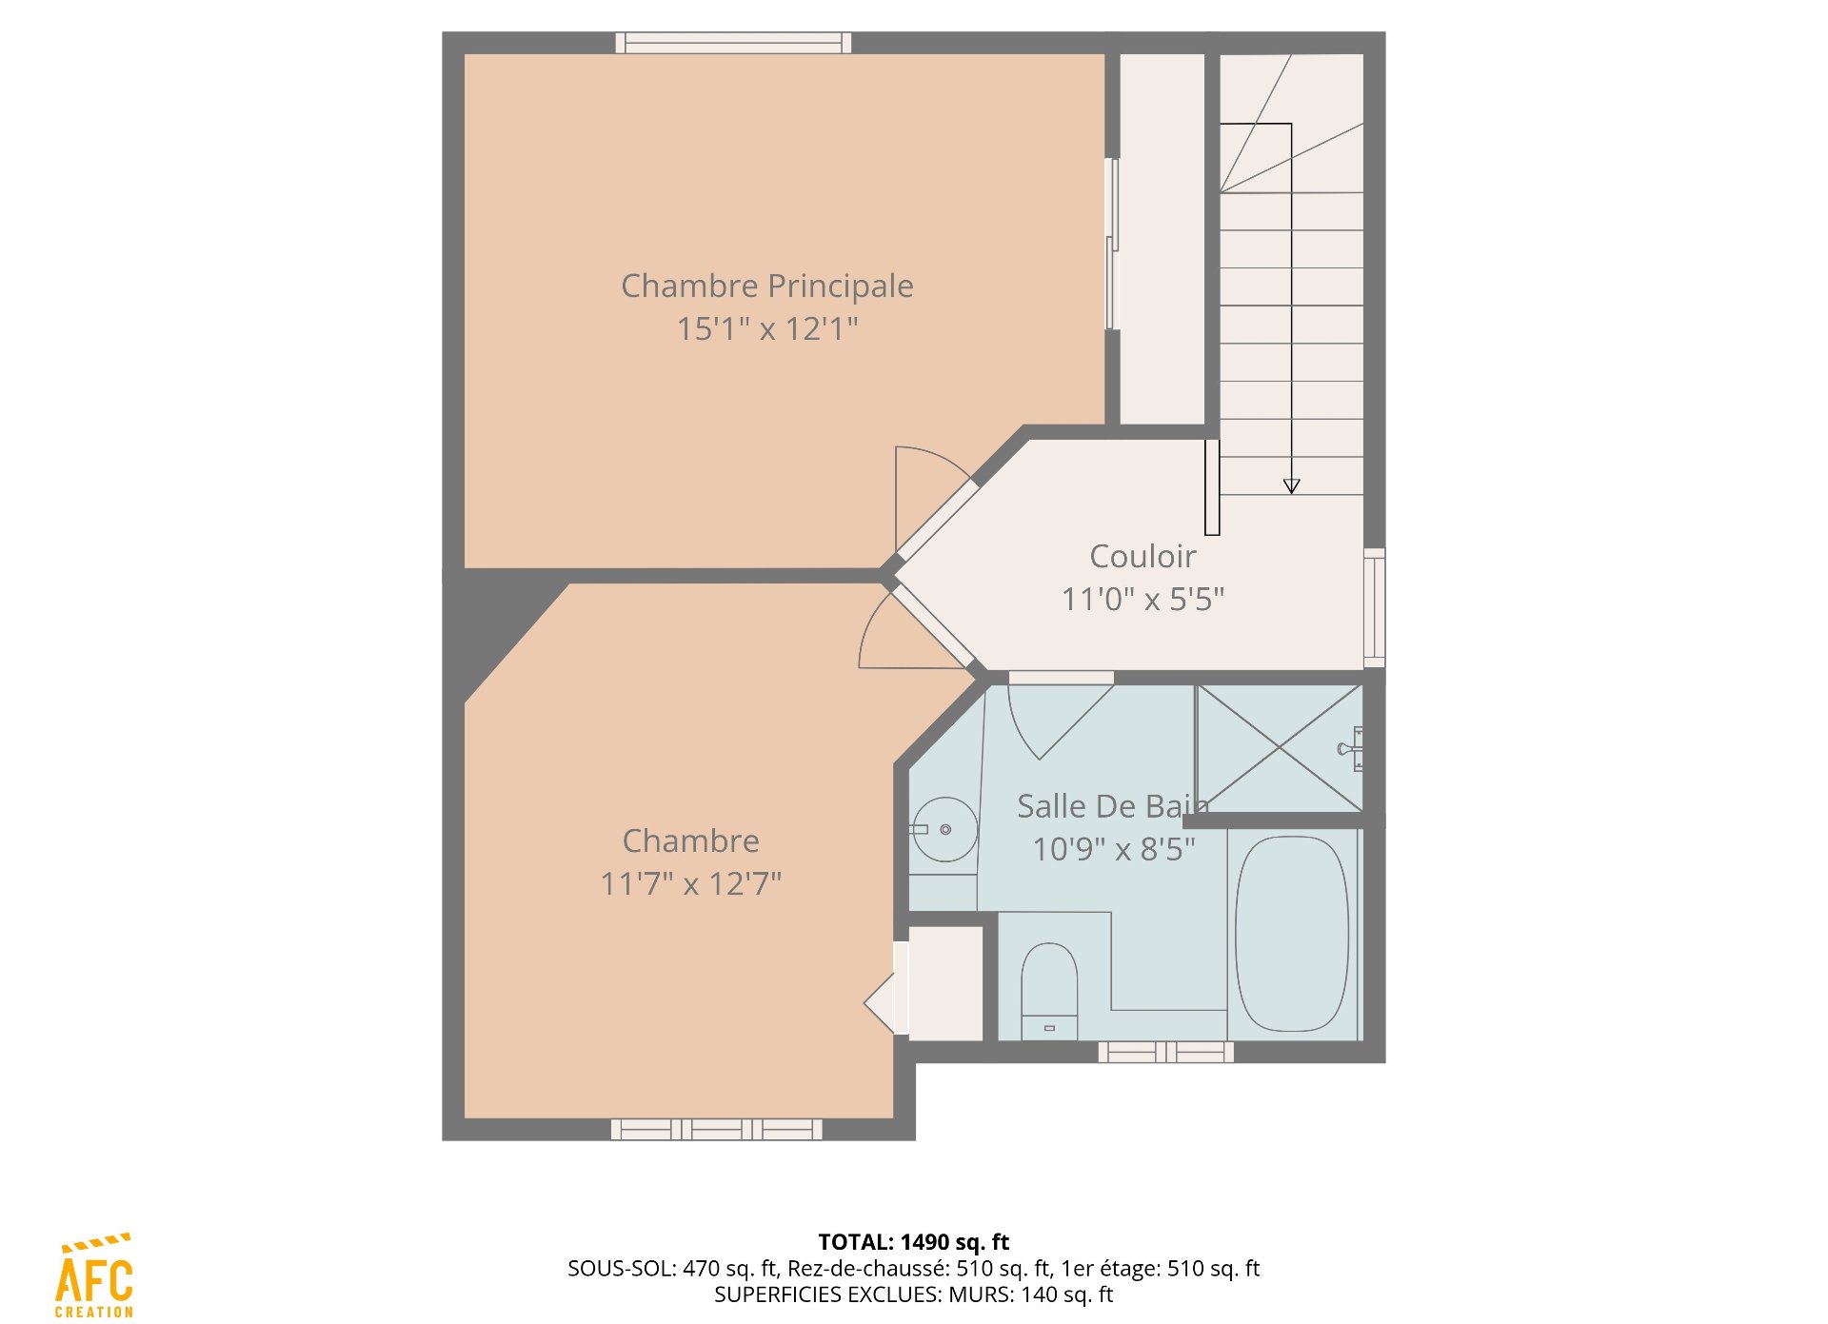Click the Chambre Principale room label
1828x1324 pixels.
click(766, 286)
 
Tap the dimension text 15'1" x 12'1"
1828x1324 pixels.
click(766, 328)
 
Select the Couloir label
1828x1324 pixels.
click(1142, 556)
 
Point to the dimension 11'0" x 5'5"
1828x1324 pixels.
click(1142, 599)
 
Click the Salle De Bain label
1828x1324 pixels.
click(1113, 806)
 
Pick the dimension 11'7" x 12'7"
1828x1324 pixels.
click(690, 883)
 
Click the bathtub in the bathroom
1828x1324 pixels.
click(1292, 934)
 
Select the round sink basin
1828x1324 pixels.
click(944, 829)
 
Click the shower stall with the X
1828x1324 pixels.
click(1280, 748)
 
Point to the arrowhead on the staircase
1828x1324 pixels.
click(1291, 486)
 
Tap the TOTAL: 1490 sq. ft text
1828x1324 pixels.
click(914, 1242)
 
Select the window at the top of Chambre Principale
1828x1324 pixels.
click(733, 43)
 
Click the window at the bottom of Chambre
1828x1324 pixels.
click(716, 1130)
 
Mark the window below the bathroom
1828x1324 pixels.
click(1166, 1052)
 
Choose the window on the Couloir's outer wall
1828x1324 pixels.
click(1374, 607)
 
